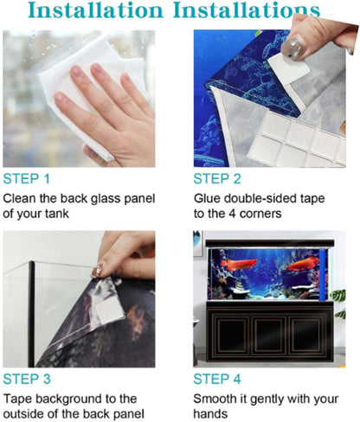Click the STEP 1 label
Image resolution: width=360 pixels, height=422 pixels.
click(27, 179)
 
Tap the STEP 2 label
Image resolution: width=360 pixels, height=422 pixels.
click(217, 179)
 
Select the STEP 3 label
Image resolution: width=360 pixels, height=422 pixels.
click(27, 379)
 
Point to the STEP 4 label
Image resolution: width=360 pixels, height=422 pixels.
click(217, 379)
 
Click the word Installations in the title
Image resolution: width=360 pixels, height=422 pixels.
click(247, 10)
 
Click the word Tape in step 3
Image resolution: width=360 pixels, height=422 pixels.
click(17, 399)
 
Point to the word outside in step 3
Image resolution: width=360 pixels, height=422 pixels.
click(23, 414)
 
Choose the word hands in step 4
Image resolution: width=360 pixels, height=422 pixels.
click(210, 414)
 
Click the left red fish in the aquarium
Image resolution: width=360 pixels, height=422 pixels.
click(235, 265)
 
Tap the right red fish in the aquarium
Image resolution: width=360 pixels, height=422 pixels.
click(302, 264)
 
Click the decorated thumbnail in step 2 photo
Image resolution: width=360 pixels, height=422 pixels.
click(294, 47)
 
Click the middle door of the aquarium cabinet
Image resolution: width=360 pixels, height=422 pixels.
click(268, 335)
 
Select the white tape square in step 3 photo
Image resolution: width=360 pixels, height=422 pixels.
click(108, 310)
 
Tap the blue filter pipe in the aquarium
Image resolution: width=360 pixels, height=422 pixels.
click(323, 275)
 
